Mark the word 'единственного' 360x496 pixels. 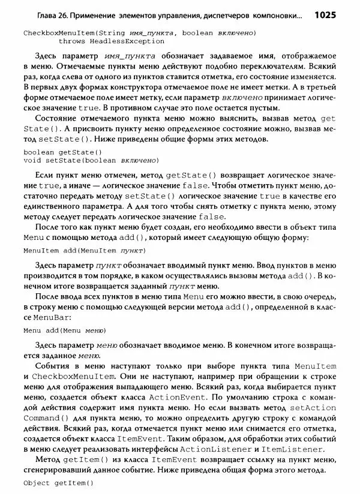tap(50, 206)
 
